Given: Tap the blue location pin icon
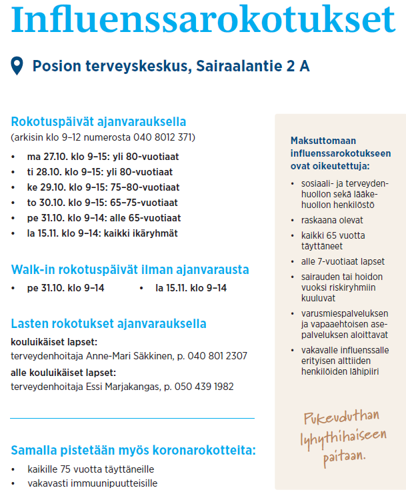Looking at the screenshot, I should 18,66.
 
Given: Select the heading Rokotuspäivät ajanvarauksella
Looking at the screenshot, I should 98,122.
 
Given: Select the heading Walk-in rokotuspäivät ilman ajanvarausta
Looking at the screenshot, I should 130,270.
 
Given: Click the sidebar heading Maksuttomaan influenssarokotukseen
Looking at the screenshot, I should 340,147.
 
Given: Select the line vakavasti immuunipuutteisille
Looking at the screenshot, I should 93,483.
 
